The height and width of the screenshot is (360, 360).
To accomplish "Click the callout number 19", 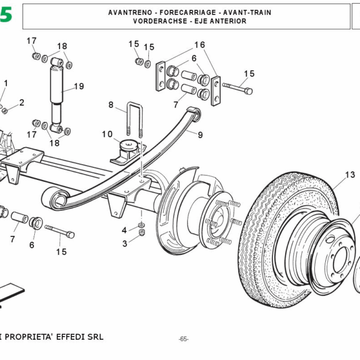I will (79, 86).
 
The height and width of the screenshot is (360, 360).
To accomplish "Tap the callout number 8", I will (110, 104).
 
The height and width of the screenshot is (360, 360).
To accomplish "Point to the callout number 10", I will (107, 134).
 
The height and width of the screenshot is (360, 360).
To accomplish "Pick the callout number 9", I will (200, 135).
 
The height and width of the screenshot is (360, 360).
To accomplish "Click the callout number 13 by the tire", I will (350, 176).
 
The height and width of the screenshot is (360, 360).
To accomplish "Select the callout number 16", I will (199, 45).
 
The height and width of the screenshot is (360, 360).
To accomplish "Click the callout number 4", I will (124, 230).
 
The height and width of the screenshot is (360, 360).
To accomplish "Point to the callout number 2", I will (22, 103).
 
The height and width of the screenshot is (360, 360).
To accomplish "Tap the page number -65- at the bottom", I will (184, 339).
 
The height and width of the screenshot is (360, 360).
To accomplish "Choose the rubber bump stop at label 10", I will (128, 146).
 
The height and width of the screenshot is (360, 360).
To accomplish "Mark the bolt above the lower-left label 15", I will (59, 230).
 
